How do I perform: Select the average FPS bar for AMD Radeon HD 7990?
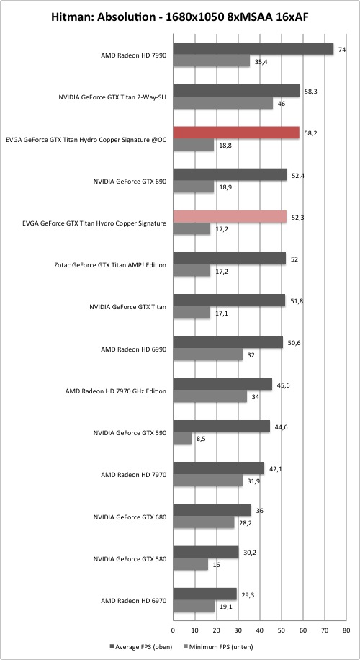click(253, 49)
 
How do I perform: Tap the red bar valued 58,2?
click(236, 133)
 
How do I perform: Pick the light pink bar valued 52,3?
click(230, 217)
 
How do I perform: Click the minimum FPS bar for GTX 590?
click(183, 439)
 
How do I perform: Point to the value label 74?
click(342, 49)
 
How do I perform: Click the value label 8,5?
click(201, 439)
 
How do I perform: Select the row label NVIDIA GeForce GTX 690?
click(130, 182)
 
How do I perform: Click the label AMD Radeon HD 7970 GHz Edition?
click(116, 391)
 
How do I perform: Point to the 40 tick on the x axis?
click(260, 630)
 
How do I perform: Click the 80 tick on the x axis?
click(346, 630)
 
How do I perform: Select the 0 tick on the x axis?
click(174, 630)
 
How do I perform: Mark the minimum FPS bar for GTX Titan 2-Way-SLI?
click(223, 103)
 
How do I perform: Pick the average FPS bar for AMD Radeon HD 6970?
click(204, 594)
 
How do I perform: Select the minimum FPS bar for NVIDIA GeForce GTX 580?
click(191, 565)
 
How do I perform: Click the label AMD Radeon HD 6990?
click(134, 349)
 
